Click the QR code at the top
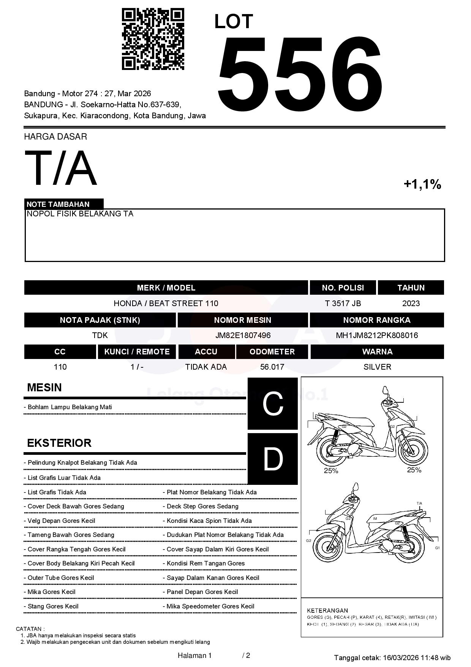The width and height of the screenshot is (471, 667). point(153,39)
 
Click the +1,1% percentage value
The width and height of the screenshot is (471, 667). point(422,184)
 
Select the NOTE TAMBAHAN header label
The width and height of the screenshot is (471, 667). point(58,204)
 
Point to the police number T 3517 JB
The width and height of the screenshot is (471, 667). point(343,303)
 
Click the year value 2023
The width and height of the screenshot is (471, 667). point(411,303)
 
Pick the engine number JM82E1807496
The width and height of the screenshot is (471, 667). point(243,335)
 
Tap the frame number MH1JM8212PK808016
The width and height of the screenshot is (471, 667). point(377,335)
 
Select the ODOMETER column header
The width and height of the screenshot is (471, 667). point(272,352)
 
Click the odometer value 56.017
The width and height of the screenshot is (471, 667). point(272,367)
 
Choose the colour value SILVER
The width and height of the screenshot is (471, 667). point(377,367)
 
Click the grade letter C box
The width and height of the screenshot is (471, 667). point(273,404)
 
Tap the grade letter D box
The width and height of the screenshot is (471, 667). point(273,459)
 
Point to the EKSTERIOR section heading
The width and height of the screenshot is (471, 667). point(59,443)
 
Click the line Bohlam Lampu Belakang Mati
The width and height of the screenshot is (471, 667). point(70,407)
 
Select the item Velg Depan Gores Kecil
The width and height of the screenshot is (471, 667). point(61,521)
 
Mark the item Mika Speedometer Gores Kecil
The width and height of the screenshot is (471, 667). point(210,607)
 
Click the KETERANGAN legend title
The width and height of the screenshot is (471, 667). point(327,610)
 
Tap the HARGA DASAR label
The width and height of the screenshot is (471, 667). point(55,137)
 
